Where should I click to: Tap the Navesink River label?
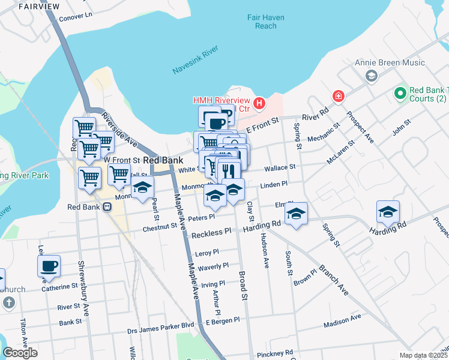[194, 62]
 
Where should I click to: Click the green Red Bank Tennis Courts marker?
[399, 94]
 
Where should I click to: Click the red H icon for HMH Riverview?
[259, 104]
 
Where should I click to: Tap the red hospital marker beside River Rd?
[339, 96]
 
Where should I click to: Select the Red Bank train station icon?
[107, 207]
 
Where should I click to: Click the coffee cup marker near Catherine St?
[49, 265]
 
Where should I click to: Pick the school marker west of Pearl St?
[142, 189]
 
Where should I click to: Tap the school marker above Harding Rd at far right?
[388, 211]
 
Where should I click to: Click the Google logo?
[20, 353]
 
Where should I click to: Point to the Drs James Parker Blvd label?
[161, 331]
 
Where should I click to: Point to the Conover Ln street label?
[76, 14]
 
